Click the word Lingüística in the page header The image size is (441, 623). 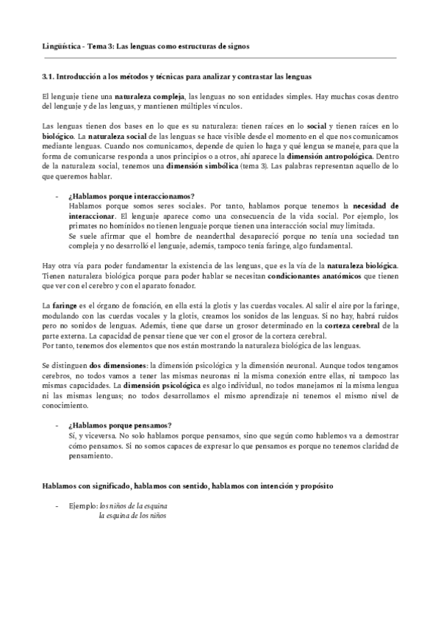pos(61,46)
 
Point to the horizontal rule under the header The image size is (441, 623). pos(220,57)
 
